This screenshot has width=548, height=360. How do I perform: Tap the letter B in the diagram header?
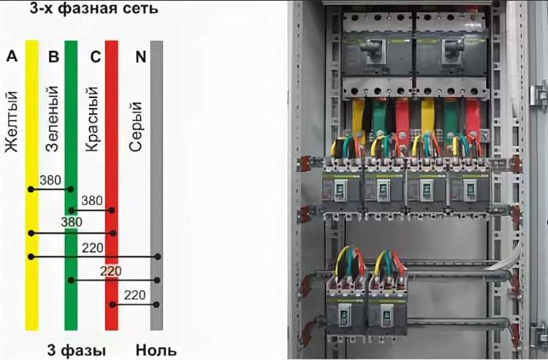[53, 56]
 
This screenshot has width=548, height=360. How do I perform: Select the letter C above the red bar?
[95, 56]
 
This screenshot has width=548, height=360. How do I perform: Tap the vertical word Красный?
[93, 119]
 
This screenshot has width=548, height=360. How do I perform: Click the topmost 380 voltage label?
[50, 180]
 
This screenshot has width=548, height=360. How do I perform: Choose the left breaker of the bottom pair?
[346, 307]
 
